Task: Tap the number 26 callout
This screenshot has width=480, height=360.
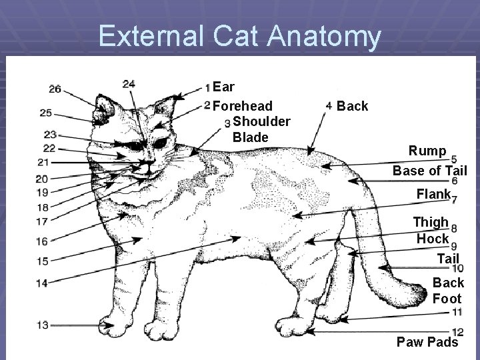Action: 55,89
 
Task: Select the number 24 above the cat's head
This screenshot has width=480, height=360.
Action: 129,83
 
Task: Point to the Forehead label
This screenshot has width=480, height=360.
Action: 243,106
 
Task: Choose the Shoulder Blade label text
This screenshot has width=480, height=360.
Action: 260,129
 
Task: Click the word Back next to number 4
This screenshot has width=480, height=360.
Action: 353,106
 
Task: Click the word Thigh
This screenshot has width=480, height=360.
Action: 431,222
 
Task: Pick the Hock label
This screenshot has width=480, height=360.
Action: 433,238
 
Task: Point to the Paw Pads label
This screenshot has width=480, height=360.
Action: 427,342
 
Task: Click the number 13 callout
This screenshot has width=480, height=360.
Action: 43,325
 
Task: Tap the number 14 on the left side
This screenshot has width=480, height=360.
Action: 42,283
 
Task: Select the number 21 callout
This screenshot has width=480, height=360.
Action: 43,162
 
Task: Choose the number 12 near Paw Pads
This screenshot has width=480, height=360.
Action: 457,332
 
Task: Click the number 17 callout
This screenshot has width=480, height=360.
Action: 42,221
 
